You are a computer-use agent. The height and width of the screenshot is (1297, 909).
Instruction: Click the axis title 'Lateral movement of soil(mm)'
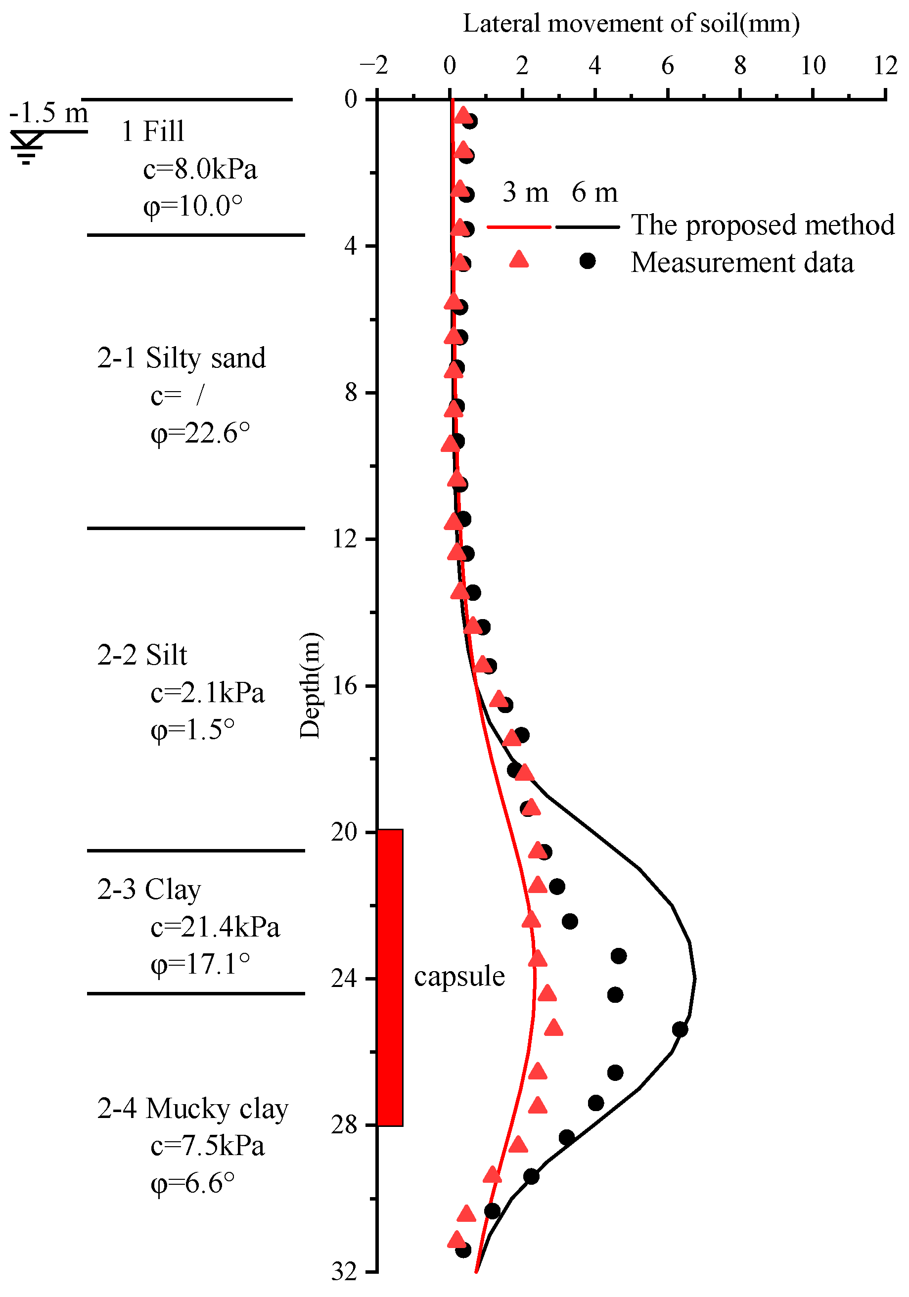(x=631, y=24)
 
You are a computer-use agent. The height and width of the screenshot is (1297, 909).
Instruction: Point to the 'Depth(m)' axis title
(x=310, y=686)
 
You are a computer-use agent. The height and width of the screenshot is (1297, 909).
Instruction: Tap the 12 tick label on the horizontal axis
(x=885, y=66)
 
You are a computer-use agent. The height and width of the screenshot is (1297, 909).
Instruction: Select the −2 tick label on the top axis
(x=374, y=66)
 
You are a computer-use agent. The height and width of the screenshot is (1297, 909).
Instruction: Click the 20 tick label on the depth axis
(x=344, y=832)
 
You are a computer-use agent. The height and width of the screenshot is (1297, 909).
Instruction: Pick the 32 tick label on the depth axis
(x=344, y=1272)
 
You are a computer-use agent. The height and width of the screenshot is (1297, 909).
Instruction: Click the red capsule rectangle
(x=390, y=977)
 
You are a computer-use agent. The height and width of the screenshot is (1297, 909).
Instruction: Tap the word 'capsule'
(x=459, y=977)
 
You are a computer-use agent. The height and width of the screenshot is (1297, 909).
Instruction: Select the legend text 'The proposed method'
(x=763, y=225)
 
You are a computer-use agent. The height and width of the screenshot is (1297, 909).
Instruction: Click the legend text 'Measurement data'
(x=742, y=263)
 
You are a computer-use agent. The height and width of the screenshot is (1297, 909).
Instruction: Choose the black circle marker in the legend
(x=588, y=261)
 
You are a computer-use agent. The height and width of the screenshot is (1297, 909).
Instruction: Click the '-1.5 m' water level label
(x=48, y=112)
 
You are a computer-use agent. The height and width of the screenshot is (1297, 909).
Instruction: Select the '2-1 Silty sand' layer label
(x=182, y=358)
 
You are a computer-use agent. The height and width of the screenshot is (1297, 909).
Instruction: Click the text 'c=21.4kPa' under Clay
(x=215, y=927)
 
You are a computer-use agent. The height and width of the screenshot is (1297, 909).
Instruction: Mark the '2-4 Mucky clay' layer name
(x=193, y=1108)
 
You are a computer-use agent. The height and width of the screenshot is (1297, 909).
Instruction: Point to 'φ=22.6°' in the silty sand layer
(x=200, y=434)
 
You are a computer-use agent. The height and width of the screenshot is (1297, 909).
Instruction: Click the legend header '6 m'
(x=594, y=193)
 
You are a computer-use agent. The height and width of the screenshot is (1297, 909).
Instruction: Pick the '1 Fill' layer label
(x=153, y=131)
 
